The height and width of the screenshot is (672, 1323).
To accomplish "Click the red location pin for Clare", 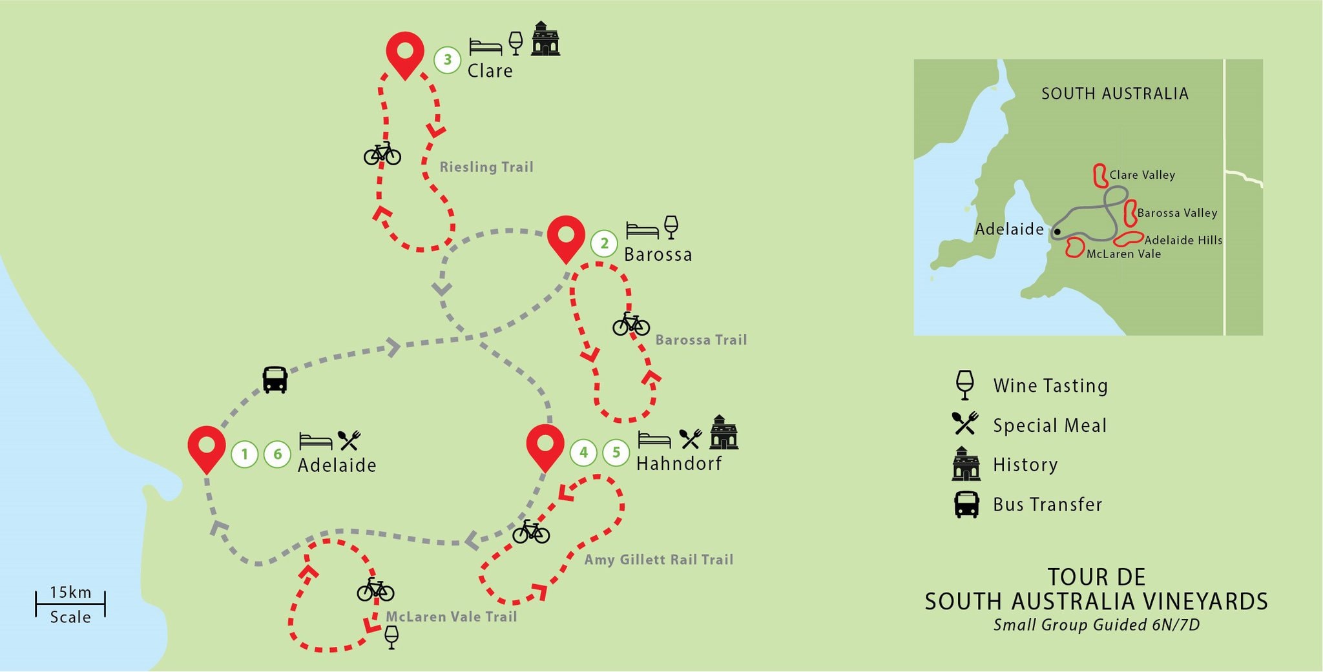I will [x=405, y=52].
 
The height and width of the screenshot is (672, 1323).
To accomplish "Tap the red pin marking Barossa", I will [x=566, y=236].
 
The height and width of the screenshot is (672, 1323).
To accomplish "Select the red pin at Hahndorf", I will [x=545, y=445].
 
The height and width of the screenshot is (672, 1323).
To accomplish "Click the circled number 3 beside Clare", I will [x=447, y=60].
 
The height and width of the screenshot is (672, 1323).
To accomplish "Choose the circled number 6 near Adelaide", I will [x=277, y=454].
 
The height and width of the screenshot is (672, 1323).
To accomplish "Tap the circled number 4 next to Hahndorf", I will [x=583, y=453].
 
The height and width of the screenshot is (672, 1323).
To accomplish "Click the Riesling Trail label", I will [x=486, y=167].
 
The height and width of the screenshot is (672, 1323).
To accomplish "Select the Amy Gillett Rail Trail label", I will [x=658, y=560].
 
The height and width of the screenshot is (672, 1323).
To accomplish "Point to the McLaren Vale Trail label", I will [x=451, y=616].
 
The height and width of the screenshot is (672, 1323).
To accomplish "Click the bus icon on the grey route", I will [x=275, y=380].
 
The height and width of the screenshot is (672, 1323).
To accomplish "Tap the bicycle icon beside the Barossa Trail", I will [x=631, y=324].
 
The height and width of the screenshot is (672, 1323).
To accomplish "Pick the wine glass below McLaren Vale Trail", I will [x=391, y=637].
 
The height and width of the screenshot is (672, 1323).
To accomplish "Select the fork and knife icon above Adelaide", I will [x=349, y=440].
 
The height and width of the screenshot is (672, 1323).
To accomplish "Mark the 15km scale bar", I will [x=70, y=604].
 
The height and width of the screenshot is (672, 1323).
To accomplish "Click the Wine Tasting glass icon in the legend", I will [x=964, y=385].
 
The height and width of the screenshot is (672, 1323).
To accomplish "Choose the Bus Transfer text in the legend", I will [x=1047, y=505].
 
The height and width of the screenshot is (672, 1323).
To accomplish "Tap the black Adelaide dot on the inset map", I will [x=1057, y=231].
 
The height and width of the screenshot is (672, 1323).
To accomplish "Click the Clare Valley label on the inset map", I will [x=1141, y=175].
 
